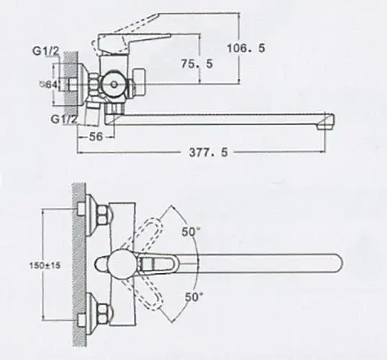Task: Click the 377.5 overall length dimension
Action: point(209,152)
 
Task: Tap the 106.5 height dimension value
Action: point(246,48)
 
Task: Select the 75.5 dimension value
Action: point(196,64)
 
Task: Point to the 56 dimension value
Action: point(96,136)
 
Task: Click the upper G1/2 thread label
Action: point(46,51)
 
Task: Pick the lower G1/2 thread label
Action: point(64,119)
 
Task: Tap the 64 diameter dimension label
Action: point(49,84)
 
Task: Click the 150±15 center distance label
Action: point(45,266)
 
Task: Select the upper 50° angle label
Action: point(191,232)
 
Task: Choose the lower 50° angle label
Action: point(193,297)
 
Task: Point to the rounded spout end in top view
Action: point(338,264)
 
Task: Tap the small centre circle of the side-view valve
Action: point(114,84)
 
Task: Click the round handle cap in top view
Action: point(121,262)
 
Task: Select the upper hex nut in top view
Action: point(103,215)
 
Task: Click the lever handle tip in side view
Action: point(169,35)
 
